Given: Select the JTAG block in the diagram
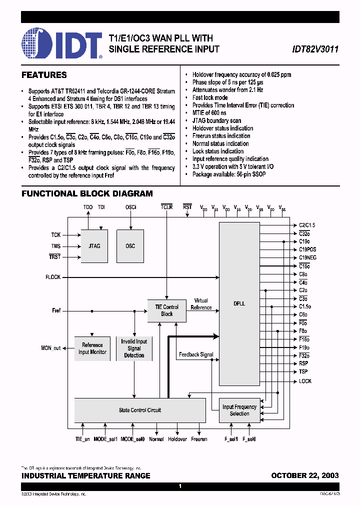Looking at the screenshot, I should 94,246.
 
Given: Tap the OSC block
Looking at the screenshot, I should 130,246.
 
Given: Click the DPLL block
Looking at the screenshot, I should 239,303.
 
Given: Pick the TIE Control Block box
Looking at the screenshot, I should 166,310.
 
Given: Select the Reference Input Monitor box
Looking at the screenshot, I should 92,348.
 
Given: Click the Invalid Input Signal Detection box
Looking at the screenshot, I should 134,348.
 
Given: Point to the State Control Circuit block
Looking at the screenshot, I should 140,410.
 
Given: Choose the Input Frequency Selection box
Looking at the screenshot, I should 239,410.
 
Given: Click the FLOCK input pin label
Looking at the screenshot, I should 53,277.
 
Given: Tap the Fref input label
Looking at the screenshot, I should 56,310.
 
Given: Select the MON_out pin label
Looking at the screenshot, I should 50,348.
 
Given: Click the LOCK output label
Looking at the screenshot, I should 305,381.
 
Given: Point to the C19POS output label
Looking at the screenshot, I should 307,249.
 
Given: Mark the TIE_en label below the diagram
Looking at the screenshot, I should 79,439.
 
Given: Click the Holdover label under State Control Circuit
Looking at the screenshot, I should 177,439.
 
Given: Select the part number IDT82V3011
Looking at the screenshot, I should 315,49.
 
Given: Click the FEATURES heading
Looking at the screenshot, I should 44,75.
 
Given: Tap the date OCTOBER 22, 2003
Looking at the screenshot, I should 304,475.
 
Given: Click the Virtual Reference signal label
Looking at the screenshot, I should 201,304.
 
